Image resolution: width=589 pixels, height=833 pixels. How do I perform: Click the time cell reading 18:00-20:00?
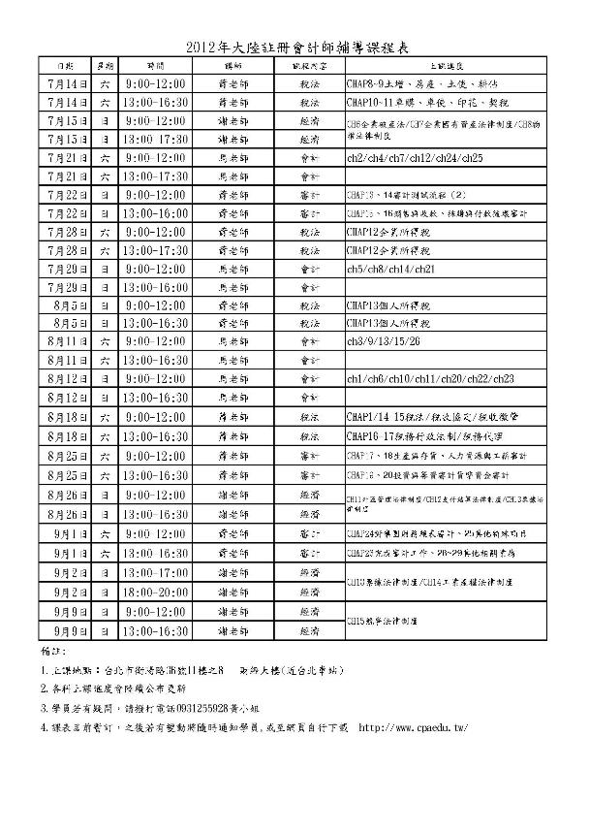155,592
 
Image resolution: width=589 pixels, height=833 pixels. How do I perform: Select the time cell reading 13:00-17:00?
155,573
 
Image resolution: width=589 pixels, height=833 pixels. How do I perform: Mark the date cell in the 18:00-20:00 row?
66,592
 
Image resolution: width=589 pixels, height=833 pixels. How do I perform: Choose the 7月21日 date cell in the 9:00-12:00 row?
66,157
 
